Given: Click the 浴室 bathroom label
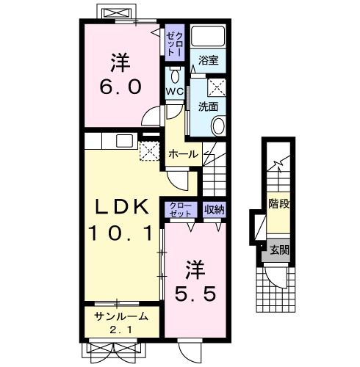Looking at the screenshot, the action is click(x=209, y=60).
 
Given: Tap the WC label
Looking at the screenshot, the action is click(x=175, y=92).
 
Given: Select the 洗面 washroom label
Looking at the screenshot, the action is click(x=208, y=107).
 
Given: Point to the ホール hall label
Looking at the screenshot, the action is click(x=184, y=154).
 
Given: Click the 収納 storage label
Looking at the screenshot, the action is click(x=215, y=209).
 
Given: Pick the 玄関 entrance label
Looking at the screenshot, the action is click(x=280, y=250).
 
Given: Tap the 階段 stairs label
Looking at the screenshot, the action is click(x=279, y=203).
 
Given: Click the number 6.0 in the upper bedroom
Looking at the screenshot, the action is click(x=120, y=87).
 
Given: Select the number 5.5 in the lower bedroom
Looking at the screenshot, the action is click(x=195, y=294).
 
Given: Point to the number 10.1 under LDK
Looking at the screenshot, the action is click(x=120, y=233).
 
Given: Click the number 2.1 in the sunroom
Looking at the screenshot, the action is click(x=121, y=330).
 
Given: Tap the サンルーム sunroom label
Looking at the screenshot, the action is click(x=121, y=317).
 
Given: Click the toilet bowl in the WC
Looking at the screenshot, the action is click(x=175, y=76).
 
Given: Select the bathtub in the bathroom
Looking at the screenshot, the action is click(x=208, y=36).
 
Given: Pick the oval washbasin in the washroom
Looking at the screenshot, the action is click(x=218, y=126).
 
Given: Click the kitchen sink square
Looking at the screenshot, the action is click(x=124, y=141).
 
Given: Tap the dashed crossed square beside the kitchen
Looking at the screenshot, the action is click(x=149, y=150).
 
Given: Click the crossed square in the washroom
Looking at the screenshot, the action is click(x=217, y=87).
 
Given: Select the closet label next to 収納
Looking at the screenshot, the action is click(x=181, y=210).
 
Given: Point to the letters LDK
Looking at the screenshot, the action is click(x=122, y=207).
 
